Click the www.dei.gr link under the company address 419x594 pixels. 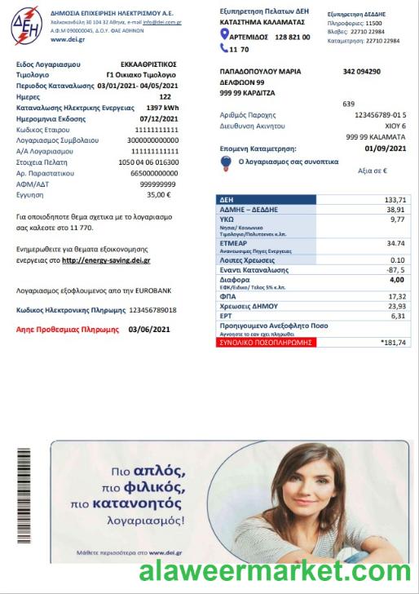(x=69, y=39)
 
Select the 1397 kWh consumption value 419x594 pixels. (x=162, y=108)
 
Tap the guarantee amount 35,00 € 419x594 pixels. (x=159, y=195)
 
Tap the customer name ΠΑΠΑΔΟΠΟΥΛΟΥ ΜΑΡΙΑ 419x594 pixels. (x=260, y=72)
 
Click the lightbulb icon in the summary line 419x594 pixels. (x=226, y=162)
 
